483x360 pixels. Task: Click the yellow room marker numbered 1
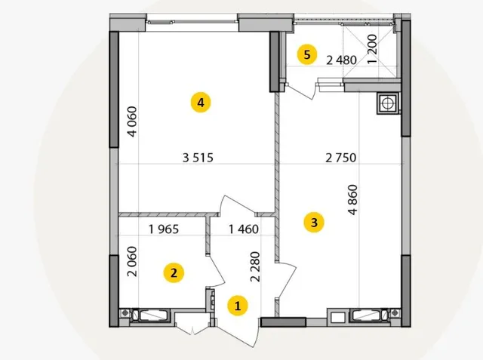click(238, 306)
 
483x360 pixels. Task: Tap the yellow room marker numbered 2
click(174, 273)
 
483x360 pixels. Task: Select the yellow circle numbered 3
click(314, 222)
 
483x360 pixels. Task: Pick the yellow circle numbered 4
click(201, 102)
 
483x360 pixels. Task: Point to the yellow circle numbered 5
click(307, 55)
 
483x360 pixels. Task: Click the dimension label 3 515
click(198, 158)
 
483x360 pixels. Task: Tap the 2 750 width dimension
click(341, 158)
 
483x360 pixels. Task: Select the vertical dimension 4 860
click(352, 199)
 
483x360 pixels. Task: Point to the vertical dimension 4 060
click(132, 122)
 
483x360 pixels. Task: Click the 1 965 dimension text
click(164, 229)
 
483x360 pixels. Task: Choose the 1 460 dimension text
click(244, 229)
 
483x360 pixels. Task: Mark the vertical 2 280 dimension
click(255, 266)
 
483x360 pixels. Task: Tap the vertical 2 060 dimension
click(132, 261)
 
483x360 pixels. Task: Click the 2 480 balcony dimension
click(342, 60)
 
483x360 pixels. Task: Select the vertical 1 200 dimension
click(372, 48)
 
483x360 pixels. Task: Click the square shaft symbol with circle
click(387, 103)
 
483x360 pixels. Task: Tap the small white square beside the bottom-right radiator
click(338, 317)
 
